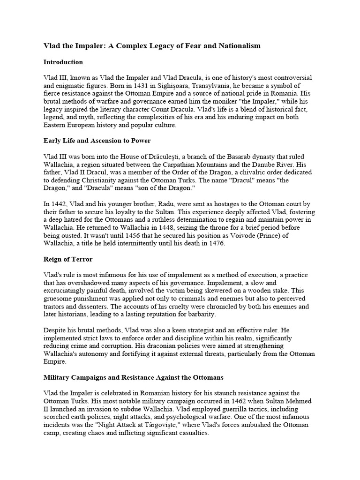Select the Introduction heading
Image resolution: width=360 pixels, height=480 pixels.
tap(63, 62)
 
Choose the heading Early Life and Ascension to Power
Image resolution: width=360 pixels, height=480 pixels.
tap(97, 141)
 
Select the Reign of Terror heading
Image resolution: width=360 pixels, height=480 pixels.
tap(68, 259)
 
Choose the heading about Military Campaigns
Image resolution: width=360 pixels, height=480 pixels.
tap(134, 378)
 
